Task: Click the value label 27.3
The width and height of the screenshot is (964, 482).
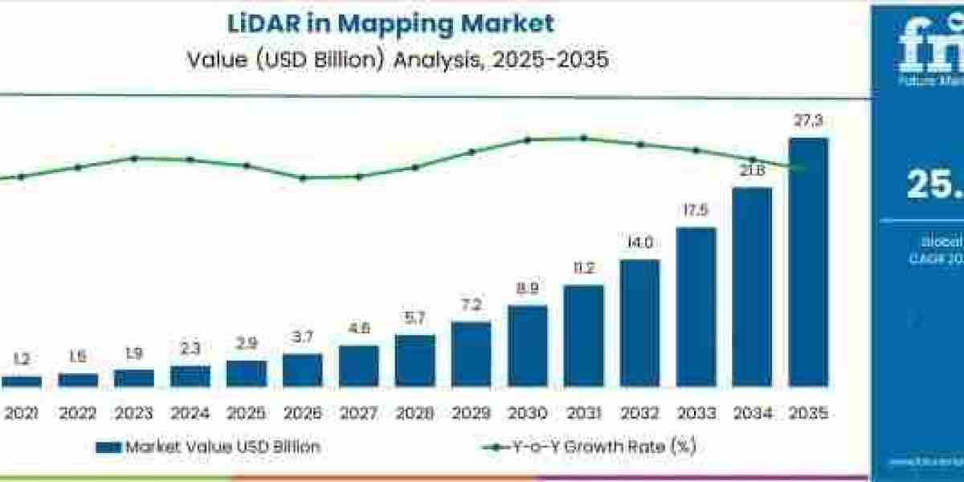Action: point(808,121)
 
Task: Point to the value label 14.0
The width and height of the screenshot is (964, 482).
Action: point(639,243)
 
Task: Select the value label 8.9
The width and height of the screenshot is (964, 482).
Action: point(528,289)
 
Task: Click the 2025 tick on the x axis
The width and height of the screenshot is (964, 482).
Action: point(246,414)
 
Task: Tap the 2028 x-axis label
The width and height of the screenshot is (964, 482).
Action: point(415,414)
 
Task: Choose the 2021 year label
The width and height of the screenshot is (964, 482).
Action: point(22,414)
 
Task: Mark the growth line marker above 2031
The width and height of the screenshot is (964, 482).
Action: point(583,138)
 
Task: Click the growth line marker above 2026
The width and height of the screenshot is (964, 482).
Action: point(303,178)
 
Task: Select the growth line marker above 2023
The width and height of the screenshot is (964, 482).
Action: point(134,158)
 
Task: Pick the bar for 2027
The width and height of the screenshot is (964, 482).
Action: point(358,366)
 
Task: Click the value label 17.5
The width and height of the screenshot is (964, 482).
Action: point(696,211)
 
